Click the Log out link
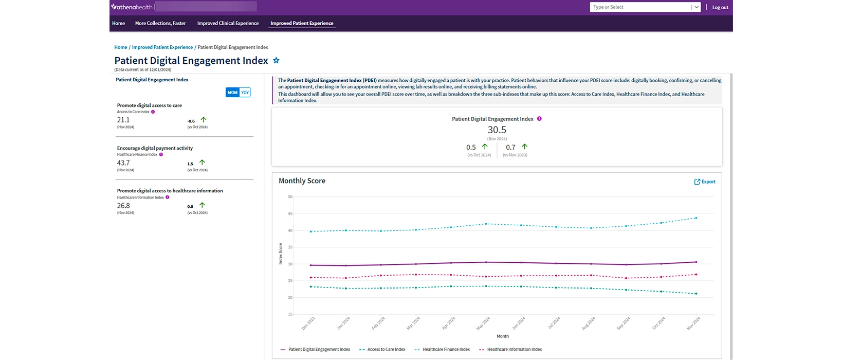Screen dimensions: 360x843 tap(720, 7)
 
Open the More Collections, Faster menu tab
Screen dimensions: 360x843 tap(160, 23)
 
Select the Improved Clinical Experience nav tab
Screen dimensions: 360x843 tap(228, 23)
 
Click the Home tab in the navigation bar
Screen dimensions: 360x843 tap(118, 23)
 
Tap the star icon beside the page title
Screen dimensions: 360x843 tap(276, 61)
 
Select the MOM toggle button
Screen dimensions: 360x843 tap(232, 93)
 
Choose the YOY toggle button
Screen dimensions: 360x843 tap(245, 93)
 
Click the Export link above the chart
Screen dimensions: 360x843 tap(705, 182)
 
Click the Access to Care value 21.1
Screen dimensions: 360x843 tap(123, 120)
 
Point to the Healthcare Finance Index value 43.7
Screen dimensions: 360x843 tap(123, 163)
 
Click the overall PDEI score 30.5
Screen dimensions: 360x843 tap(497, 130)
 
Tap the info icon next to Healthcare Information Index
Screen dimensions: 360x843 tap(168, 197)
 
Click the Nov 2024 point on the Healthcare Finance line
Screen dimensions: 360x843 tap(696, 218)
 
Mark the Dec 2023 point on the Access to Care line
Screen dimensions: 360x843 tap(311, 286)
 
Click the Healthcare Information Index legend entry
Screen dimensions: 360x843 tap(514, 349)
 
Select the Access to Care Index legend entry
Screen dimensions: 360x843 tap(386, 349)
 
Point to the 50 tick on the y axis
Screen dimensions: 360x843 tap(290, 197)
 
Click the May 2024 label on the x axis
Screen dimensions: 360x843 tap(483, 323)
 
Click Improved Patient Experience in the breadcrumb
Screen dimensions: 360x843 tap(162, 47)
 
